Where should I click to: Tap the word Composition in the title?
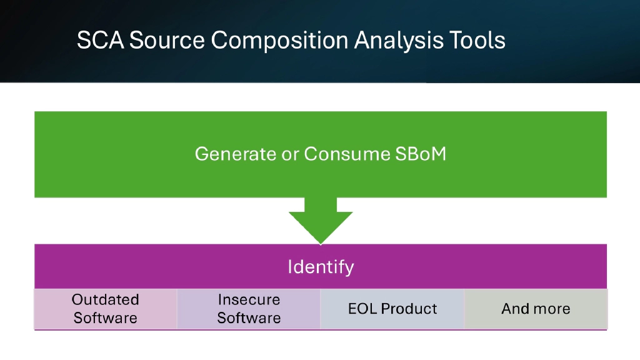[279, 41]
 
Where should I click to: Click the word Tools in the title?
[477, 41]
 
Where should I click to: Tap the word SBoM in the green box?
[421, 154]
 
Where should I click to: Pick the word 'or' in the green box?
[291, 154]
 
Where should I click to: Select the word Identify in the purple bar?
[321, 267]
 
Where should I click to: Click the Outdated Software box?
[106, 309]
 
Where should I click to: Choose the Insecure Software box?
[249, 309]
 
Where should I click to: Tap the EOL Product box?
[392, 309]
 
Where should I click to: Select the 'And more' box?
[536, 309]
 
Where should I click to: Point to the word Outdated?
[105, 300]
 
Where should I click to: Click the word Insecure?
[249, 300]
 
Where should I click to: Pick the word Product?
[409, 309]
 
